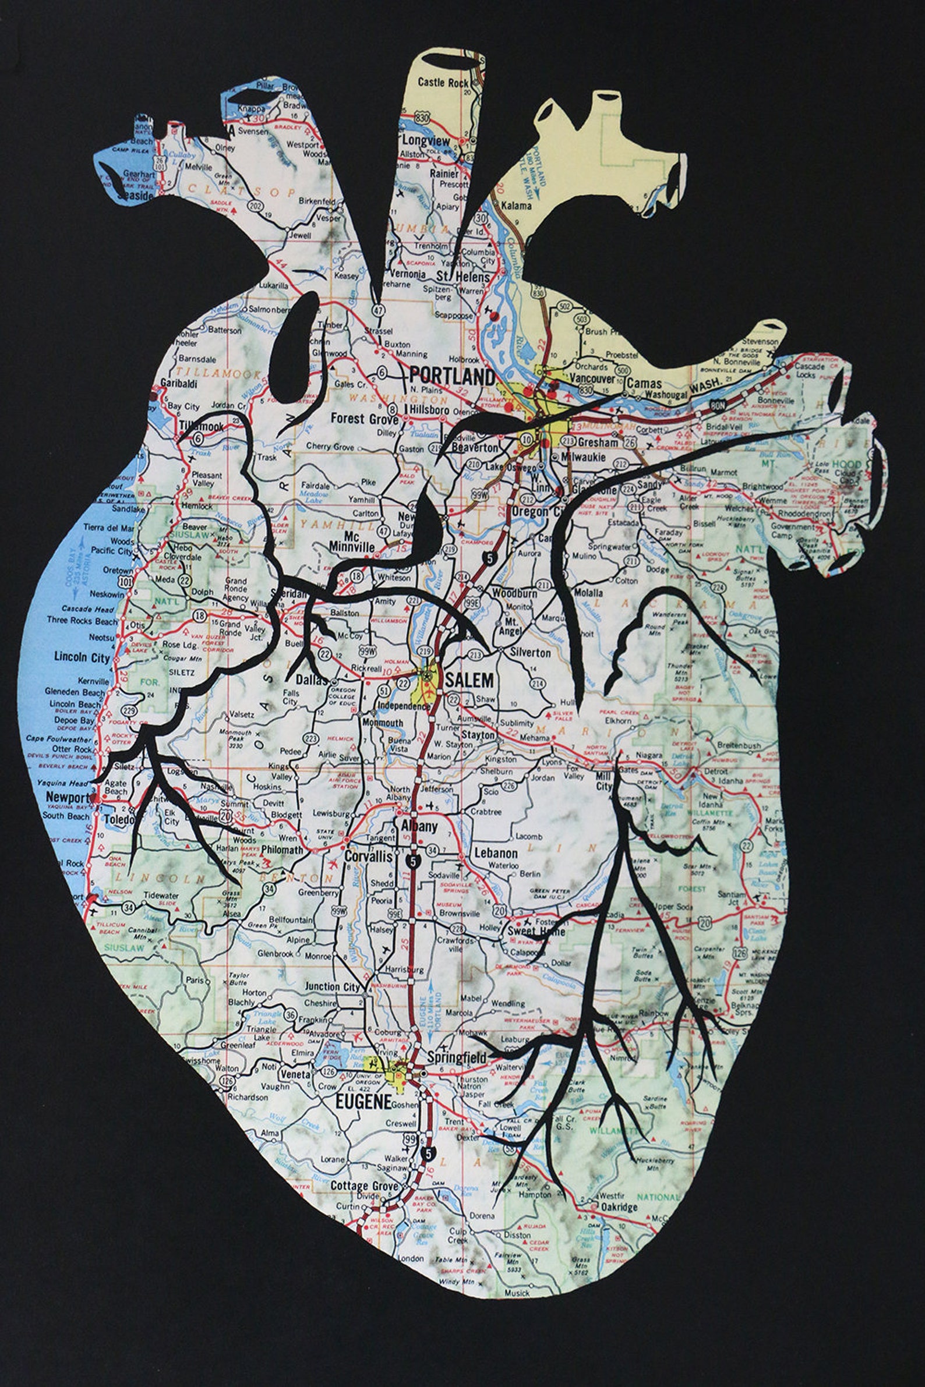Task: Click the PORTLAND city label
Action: tap(452, 376)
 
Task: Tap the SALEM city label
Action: tap(469, 680)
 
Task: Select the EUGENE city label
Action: tap(364, 1101)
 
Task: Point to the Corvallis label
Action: tap(369, 857)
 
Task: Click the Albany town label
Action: tap(419, 826)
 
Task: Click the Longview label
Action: tap(426, 141)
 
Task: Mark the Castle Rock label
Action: tap(443, 83)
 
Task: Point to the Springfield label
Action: tap(457, 1057)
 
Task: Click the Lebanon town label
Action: tap(496, 853)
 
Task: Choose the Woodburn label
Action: tap(514, 593)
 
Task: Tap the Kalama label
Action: tap(516, 206)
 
